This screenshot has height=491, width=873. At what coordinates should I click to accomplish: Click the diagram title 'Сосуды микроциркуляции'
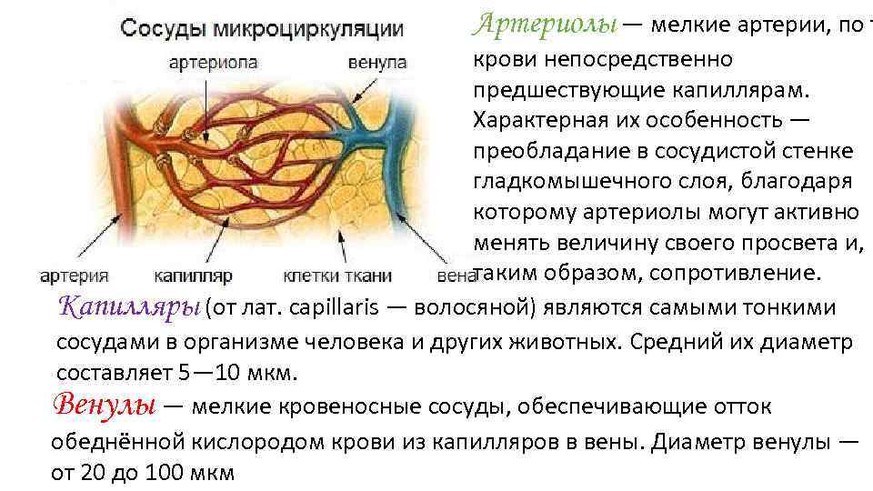[x=262, y=27]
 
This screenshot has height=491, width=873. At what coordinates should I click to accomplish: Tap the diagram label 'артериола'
[x=213, y=63]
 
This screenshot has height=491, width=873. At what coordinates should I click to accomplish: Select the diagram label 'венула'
[x=377, y=63]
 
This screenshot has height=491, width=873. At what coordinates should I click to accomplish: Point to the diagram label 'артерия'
[x=75, y=275]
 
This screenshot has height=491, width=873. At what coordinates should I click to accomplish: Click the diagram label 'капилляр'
[x=194, y=275]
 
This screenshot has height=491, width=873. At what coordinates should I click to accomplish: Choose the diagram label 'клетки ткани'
[x=337, y=275]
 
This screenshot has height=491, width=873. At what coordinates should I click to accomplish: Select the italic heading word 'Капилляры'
[x=129, y=306]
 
